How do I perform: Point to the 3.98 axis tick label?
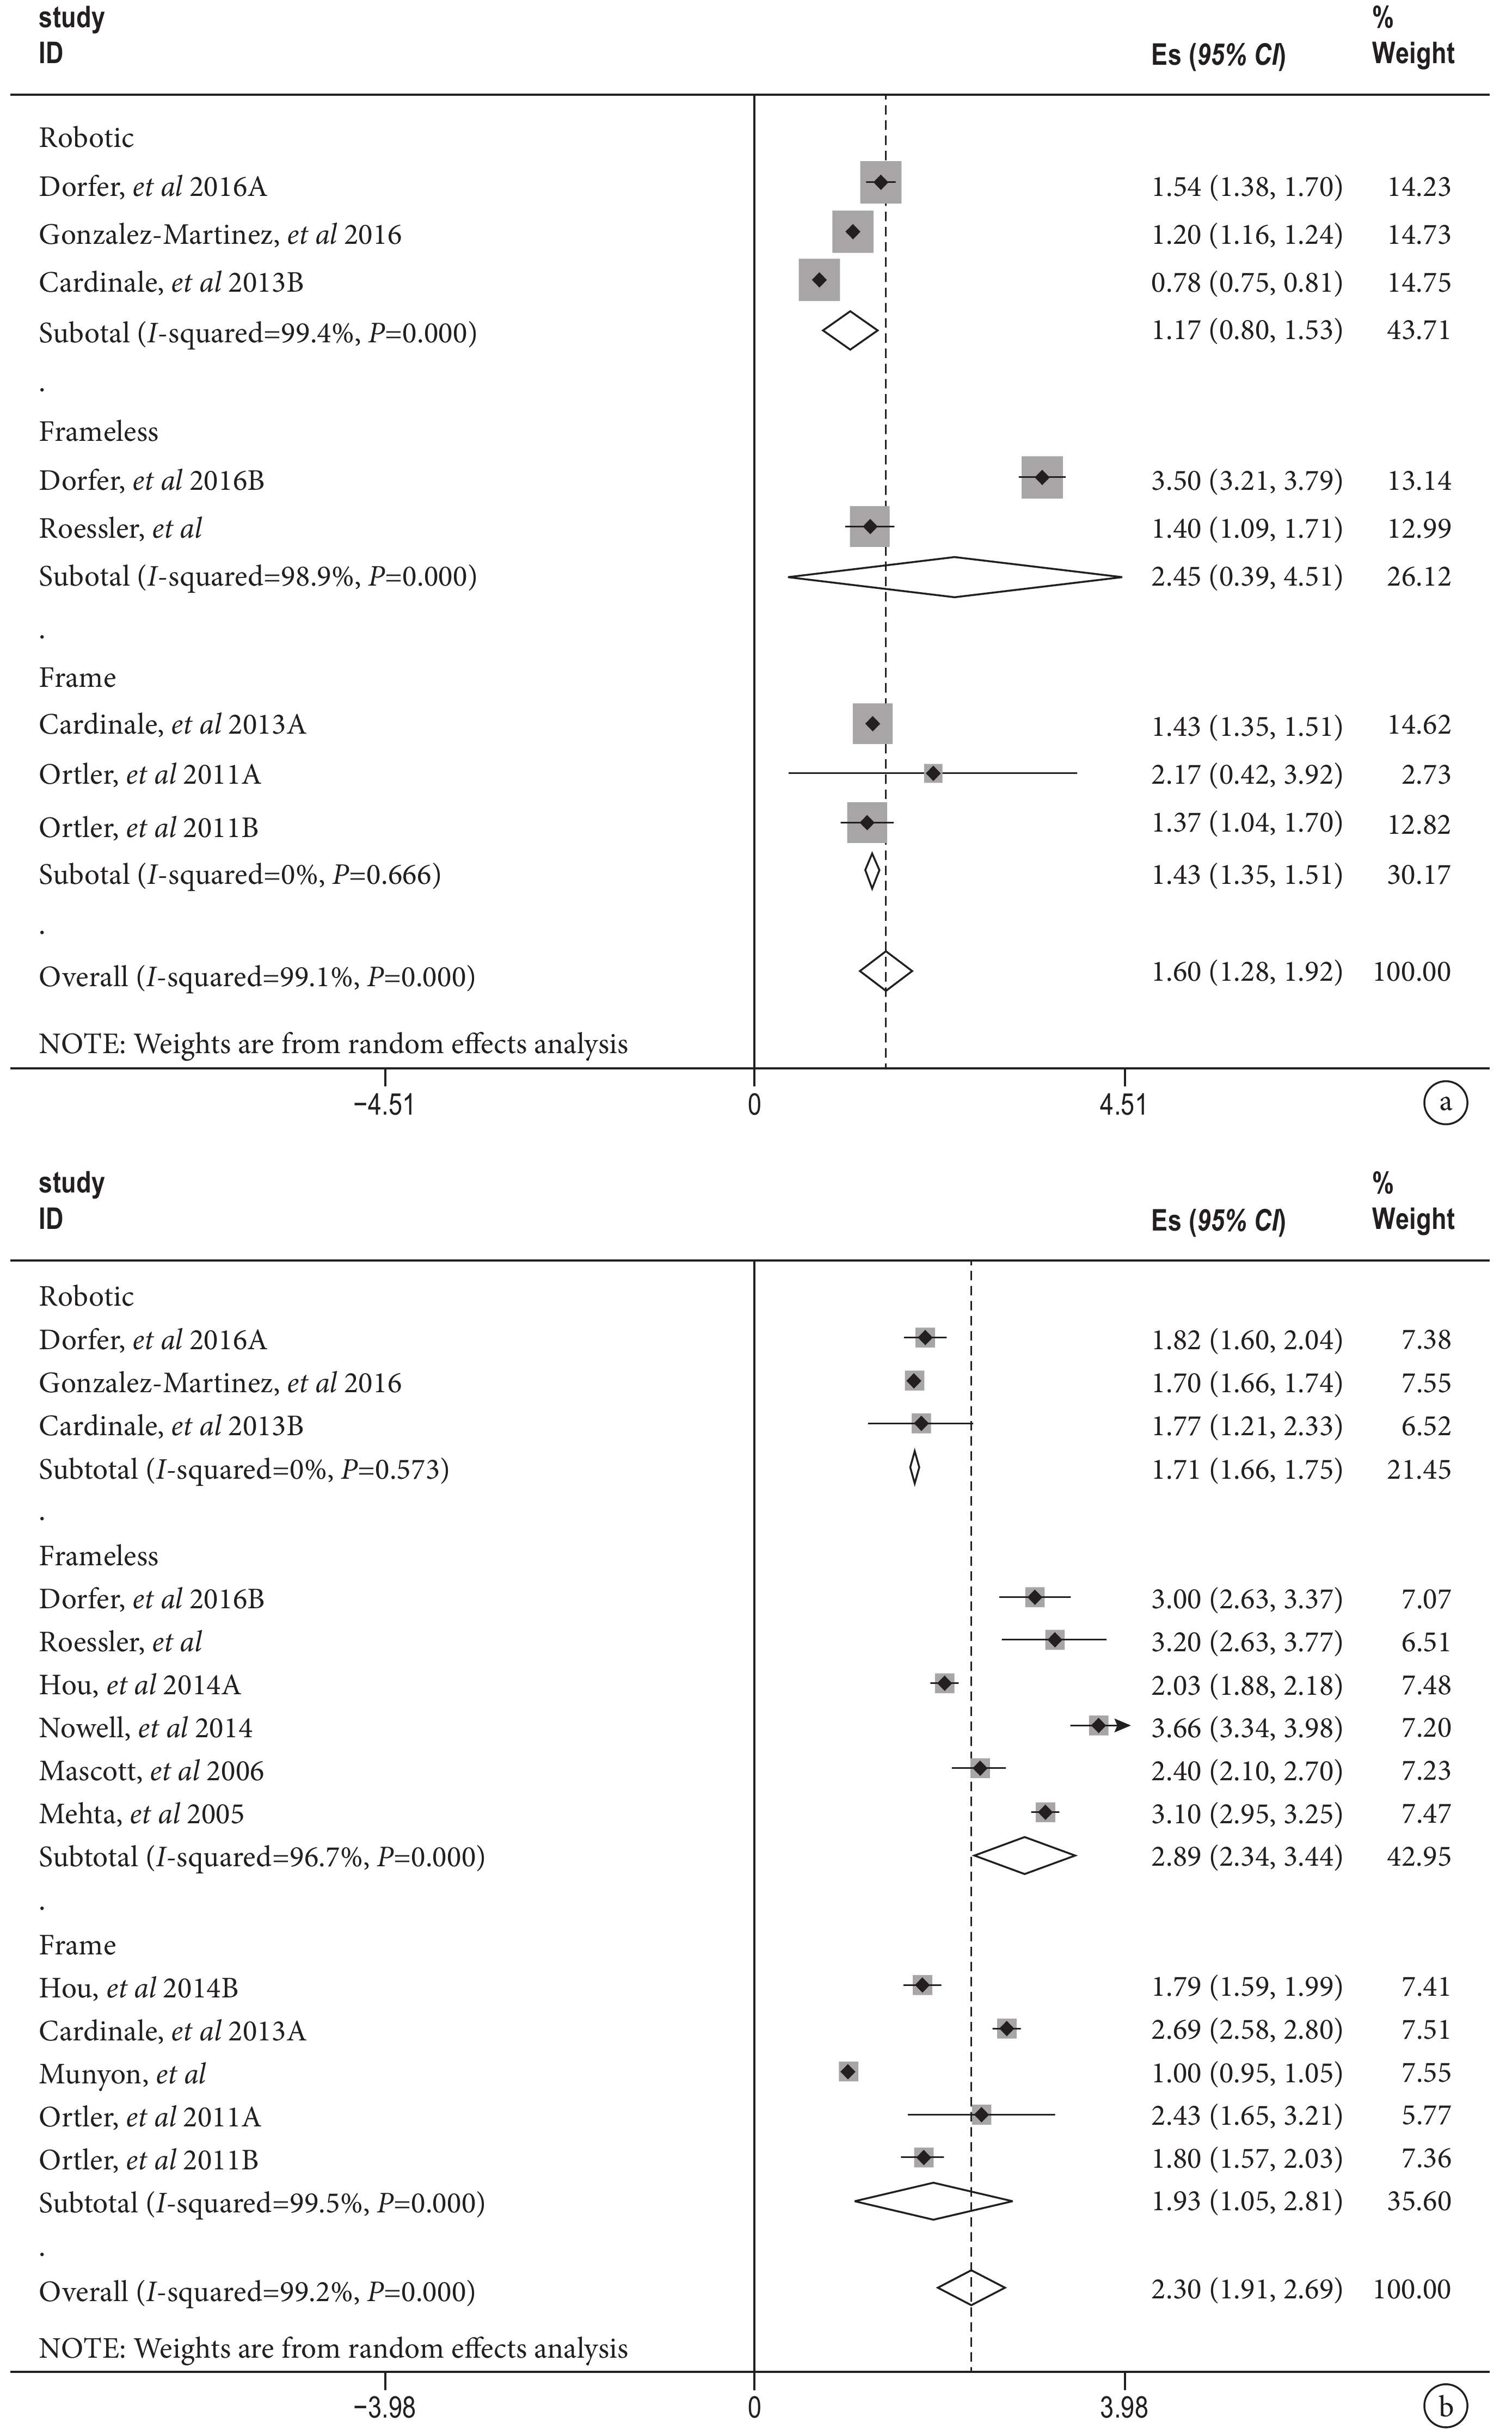[1124, 2407]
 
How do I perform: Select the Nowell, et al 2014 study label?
[146, 1728]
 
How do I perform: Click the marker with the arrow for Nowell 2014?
[1099, 1726]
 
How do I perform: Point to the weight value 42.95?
[1419, 1856]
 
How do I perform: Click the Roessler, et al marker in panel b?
[1055, 1640]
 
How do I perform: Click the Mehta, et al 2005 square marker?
[1044, 1812]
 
